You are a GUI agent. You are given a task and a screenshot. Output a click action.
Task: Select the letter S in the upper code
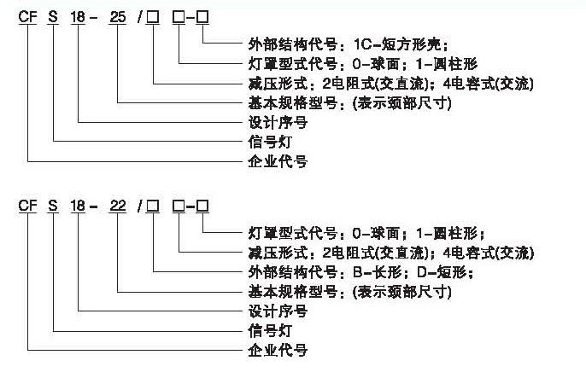[54, 20]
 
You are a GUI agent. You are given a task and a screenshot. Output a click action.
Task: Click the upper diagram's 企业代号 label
[277, 160]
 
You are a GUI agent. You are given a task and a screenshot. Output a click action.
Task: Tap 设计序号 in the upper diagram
[277, 122]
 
